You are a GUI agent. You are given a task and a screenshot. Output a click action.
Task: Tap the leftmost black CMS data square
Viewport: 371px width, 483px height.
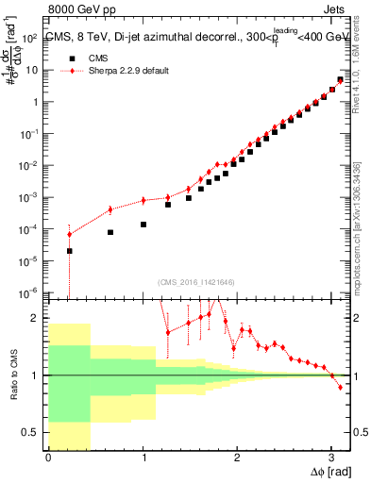(x=70, y=251)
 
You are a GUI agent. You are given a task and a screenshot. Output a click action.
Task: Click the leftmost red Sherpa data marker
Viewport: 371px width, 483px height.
(x=70, y=234)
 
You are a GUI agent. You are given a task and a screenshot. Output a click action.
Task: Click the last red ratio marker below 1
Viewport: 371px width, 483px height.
(x=340, y=387)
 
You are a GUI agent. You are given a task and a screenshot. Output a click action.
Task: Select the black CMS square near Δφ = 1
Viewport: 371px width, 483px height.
(x=143, y=225)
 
